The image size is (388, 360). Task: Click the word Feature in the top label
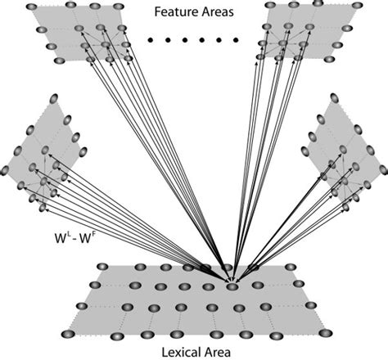pyautogui.click(x=174, y=12)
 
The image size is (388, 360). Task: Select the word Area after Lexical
pyautogui.click(x=211, y=350)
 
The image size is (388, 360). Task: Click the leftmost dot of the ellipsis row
pyautogui.click(x=149, y=38)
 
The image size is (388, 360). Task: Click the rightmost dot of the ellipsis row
pyautogui.click(x=235, y=38)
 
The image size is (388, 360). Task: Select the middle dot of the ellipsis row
pyautogui.click(x=192, y=38)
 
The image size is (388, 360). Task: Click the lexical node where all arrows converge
pyautogui.click(x=232, y=286)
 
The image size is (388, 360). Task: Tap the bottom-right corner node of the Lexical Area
pyautogui.click(x=326, y=332)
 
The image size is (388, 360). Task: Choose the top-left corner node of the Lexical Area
pyautogui.click(x=102, y=267)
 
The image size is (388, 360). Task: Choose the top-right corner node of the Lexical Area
pyautogui.click(x=291, y=267)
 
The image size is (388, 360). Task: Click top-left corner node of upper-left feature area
pyautogui.click(x=32, y=7)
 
